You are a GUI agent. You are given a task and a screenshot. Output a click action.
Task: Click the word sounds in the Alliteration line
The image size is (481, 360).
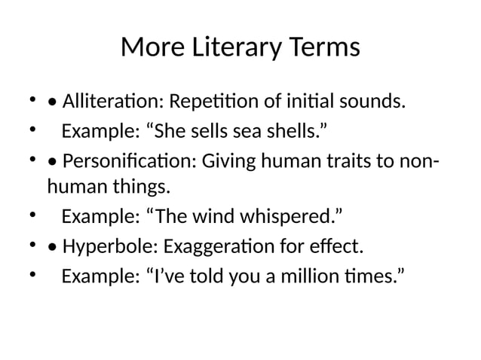pyautogui.click(x=375, y=100)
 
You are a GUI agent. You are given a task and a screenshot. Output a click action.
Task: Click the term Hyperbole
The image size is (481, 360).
pyautogui.click(x=104, y=247)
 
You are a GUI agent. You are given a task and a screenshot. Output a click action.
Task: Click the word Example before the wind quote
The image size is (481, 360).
pyautogui.click(x=100, y=218)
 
